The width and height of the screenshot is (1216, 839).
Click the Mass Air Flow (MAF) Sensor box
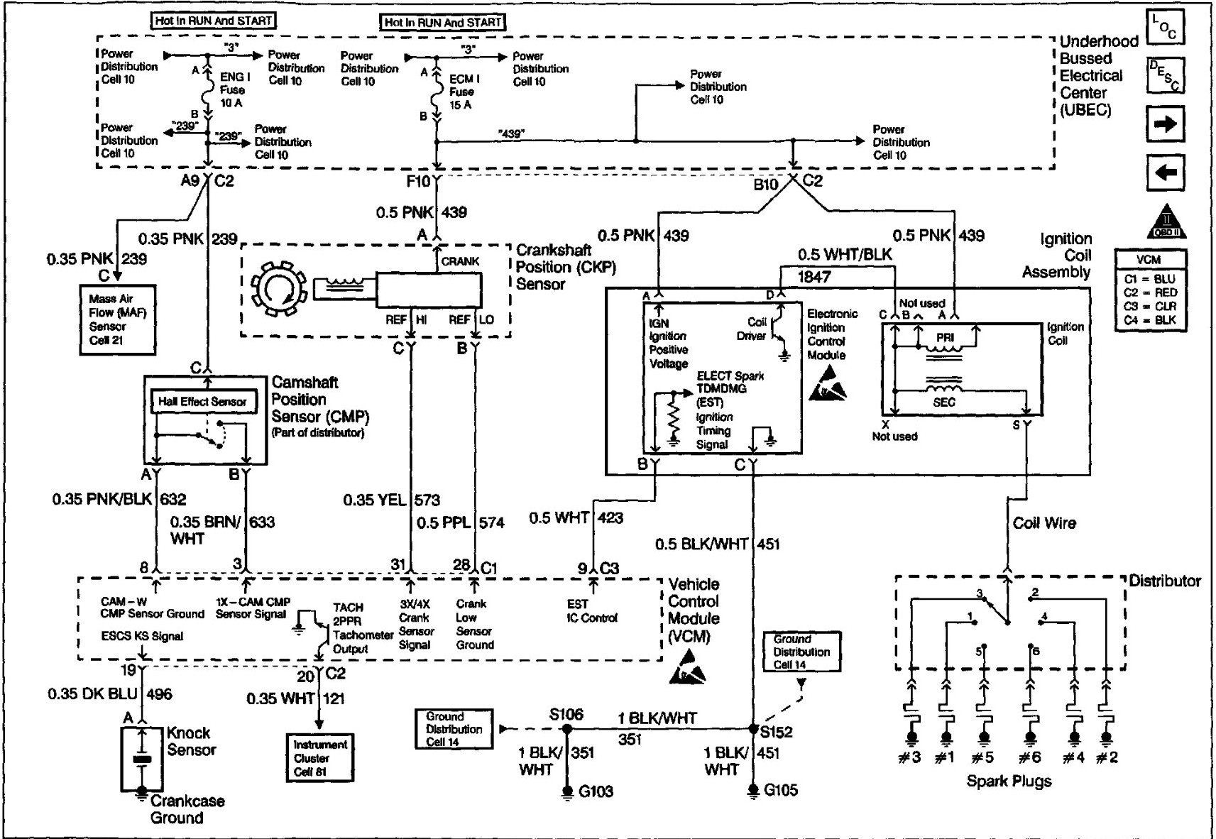(117, 319)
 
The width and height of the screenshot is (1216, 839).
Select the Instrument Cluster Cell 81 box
(319, 757)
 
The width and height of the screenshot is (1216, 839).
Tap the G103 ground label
(596, 791)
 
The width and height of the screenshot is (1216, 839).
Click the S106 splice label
(566, 714)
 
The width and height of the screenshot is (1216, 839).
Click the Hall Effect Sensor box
(202, 402)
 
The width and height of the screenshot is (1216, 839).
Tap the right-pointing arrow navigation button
(1165, 125)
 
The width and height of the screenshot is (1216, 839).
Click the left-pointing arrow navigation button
(1165, 172)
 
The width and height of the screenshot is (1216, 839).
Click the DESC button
(1165, 75)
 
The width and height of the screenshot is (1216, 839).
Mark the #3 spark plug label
(909, 757)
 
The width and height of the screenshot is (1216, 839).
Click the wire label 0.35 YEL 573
(391, 500)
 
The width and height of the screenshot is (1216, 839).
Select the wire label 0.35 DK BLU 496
(110, 693)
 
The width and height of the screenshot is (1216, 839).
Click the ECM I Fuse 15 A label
(464, 92)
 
